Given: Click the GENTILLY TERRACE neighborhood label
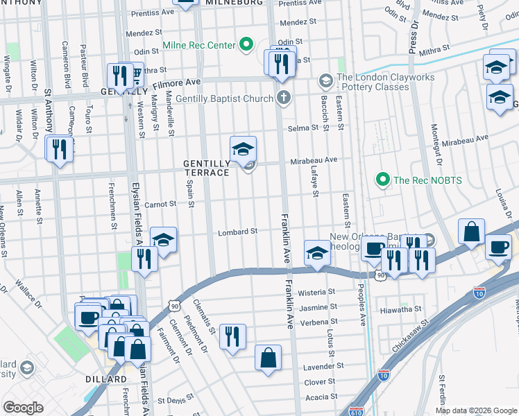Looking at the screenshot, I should [x=206, y=168].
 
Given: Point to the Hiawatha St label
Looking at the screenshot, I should [x=401, y=309].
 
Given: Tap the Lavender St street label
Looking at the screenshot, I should [x=325, y=365].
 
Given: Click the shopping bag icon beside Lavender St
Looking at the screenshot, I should [x=268, y=358].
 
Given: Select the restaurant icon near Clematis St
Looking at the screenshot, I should [x=232, y=337].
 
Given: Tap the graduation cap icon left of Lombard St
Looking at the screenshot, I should [x=163, y=240].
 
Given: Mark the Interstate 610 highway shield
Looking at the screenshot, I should [x=357, y=410].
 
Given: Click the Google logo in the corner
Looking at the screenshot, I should [x=23, y=408].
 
